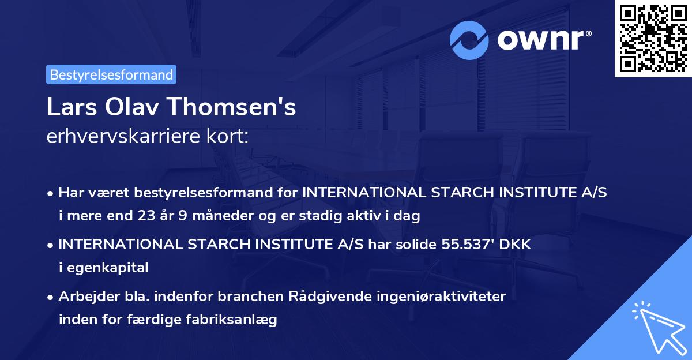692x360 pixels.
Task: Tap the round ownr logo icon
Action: point(469,40)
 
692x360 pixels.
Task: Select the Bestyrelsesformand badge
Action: point(111,74)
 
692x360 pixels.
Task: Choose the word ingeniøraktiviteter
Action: point(441,297)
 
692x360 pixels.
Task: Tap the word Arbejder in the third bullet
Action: point(84,297)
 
